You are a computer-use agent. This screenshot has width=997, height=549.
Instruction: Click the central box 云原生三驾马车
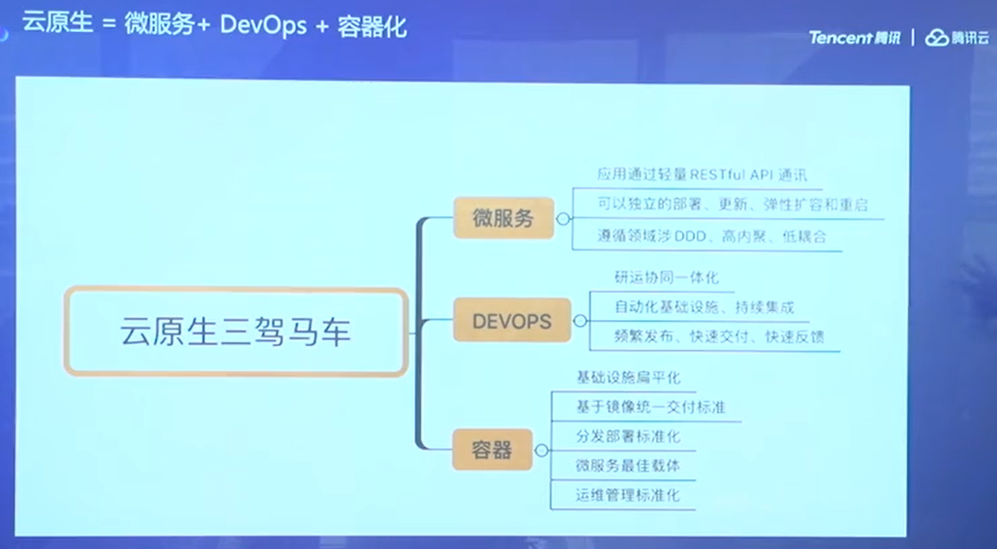[x=235, y=332]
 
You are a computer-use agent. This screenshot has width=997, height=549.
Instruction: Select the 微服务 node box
[x=503, y=217]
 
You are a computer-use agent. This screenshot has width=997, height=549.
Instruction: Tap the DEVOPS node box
[x=511, y=320]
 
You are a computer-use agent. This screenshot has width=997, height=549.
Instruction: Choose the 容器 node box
[x=491, y=449]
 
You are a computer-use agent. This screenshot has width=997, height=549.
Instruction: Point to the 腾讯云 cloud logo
[x=957, y=38]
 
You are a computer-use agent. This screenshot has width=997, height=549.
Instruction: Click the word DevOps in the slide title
[x=260, y=25]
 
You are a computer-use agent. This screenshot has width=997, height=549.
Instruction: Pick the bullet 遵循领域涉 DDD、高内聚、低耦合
[x=712, y=237]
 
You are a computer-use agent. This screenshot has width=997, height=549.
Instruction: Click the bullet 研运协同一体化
[x=667, y=278]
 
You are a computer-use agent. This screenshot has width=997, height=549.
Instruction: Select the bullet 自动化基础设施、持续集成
[x=704, y=308]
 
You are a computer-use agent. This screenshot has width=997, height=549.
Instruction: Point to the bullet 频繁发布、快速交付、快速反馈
[x=719, y=337]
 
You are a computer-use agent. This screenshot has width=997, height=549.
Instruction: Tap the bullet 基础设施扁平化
[x=628, y=378]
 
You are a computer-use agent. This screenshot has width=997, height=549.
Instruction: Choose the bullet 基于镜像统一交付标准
[x=651, y=408]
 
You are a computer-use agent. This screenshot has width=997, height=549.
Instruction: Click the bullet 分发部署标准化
[x=628, y=436]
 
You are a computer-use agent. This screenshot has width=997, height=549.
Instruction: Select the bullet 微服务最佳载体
[x=628, y=466]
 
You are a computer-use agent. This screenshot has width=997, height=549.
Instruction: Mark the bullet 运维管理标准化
[x=628, y=494]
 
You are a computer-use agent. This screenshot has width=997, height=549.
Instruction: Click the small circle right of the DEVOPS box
[x=580, y=320]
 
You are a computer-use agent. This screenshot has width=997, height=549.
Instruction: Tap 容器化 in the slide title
[x=372, y=25]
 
